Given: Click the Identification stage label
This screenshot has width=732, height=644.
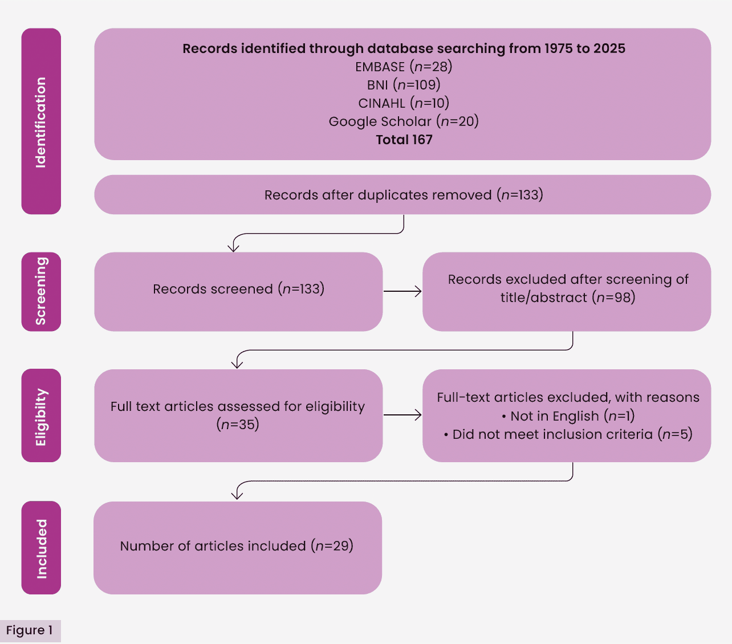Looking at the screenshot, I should tap(41, 121).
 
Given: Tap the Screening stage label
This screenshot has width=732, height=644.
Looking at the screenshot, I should tap(41, 291).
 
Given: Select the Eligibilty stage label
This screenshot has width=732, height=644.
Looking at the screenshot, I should tap(41, 415).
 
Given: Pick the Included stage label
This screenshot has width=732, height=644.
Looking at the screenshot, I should tap(41, 548).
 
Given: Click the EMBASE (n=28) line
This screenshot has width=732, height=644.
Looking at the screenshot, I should tap(404, 67).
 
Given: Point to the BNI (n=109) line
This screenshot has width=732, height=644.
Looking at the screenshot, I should tap(404, 85).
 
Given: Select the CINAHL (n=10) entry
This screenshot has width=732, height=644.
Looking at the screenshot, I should tap(404, 103).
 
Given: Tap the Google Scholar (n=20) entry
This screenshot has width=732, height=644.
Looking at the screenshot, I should tap(404, 121).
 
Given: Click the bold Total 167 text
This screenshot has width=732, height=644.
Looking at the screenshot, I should tap(404, 140).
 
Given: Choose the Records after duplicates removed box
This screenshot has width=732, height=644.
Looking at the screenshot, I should tap(402, 195).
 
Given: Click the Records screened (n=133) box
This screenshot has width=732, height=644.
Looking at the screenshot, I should tap(238, 291).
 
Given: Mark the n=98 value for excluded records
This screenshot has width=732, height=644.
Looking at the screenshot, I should tap(614, 297).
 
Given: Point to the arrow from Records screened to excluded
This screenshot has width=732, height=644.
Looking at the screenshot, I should tap(402, 291).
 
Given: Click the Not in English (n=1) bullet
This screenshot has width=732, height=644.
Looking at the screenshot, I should tap(568, 416).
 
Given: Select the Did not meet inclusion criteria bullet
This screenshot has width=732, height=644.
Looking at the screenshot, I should tap(568, 434).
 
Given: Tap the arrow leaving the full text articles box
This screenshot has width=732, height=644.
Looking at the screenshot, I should tap(402, 415).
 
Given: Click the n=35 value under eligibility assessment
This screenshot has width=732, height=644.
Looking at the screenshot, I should tap(238, 425).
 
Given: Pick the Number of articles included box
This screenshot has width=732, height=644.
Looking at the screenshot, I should tap(237, 548).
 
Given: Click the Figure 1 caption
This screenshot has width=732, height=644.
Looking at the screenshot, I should tap(30, 630).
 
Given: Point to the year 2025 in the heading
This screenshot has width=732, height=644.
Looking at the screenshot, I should tap(609, 48).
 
